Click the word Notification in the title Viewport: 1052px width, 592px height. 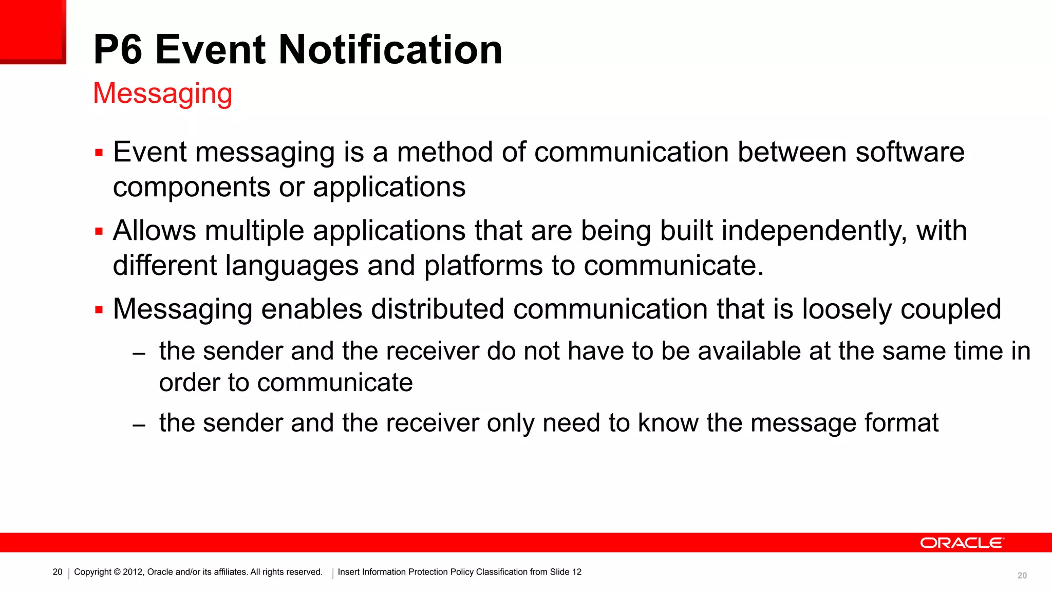tap(390, 50)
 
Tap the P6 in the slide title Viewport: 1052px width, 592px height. tap(118, 50)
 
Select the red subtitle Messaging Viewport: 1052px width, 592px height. tap(162, 94)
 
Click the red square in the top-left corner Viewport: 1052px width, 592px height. tap(32, 31)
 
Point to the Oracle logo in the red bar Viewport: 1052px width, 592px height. tap(961, 543)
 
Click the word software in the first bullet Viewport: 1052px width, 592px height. tap(910, 153)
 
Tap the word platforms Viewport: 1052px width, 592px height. tap(483, 266)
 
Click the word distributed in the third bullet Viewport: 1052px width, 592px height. tap(437, 309)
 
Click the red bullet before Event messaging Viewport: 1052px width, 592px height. tap(99, 153)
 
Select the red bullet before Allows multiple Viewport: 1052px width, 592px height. tap(99, 232)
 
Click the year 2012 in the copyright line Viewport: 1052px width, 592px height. tap(133, 572)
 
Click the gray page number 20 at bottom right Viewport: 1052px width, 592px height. tap(1022, 576)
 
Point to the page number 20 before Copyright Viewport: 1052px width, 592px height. tap(58, 572)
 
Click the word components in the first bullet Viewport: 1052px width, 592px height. tap(191, 187)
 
